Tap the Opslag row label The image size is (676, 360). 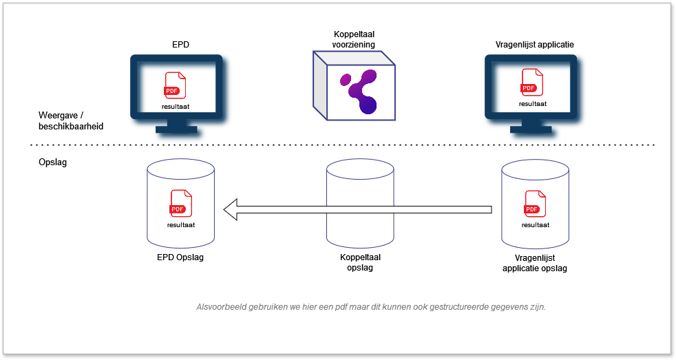pos(52,165)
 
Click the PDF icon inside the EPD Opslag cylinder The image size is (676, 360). pos(180,204)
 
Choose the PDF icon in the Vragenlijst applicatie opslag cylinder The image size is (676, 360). pos(534,204)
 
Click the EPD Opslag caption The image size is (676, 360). pos(180,257)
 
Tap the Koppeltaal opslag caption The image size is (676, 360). pos(360,262)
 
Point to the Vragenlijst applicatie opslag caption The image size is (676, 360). pos(535,263)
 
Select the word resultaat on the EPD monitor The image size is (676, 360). pos(176,107)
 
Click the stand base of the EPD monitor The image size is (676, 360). pos(176,129)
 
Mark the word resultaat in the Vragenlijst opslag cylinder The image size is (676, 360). pos(535,224)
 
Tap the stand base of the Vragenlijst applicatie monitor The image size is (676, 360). pos(531,129)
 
